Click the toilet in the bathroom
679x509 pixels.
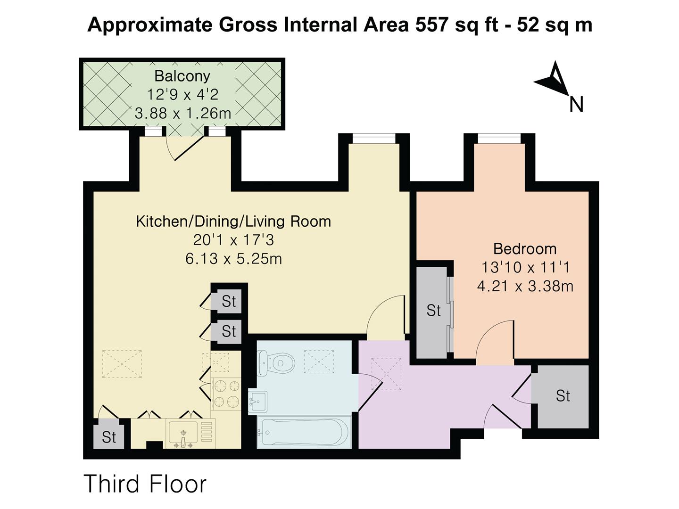(x=275, y=363)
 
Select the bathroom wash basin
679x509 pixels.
(x=257, y=402)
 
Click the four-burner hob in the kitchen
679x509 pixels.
(x=226, y=394)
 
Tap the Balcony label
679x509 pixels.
(x=182, y=76)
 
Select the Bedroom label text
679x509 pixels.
(x=525, y=249)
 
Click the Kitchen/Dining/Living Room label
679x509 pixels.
(x=233, y=222)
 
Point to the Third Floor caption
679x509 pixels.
(x=145, y=484)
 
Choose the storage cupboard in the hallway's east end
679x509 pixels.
(x=563, y=397)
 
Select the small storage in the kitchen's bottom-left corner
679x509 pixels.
(x=109, y=437)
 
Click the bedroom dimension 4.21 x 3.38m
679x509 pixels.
(x=525, y=286)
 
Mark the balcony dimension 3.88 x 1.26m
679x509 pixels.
(x=183, y=114)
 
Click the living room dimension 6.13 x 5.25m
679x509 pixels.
(x=233, y=259)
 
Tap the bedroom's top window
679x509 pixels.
(x=499, y=138)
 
